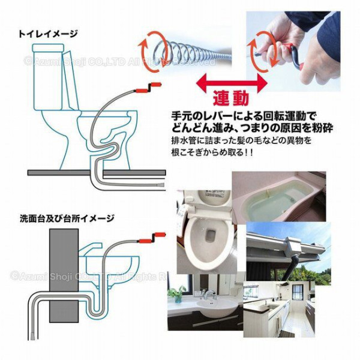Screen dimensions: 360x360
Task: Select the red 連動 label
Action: (228, 97)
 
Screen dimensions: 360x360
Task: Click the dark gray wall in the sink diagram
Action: (63, 282)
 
